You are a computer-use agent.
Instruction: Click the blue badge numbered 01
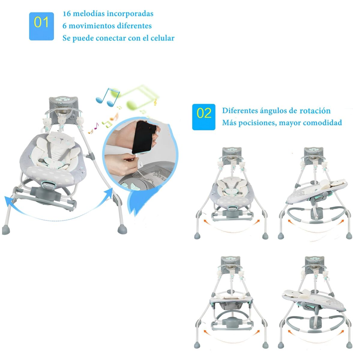41,26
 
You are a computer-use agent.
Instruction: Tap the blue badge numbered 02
204,117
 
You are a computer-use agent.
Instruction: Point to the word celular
162,38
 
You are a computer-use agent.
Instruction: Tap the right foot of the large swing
122,229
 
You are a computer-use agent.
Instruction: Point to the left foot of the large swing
6,229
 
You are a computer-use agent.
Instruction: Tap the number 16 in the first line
67,14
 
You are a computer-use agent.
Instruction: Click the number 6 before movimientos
64,26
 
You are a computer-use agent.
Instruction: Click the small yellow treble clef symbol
155,103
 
